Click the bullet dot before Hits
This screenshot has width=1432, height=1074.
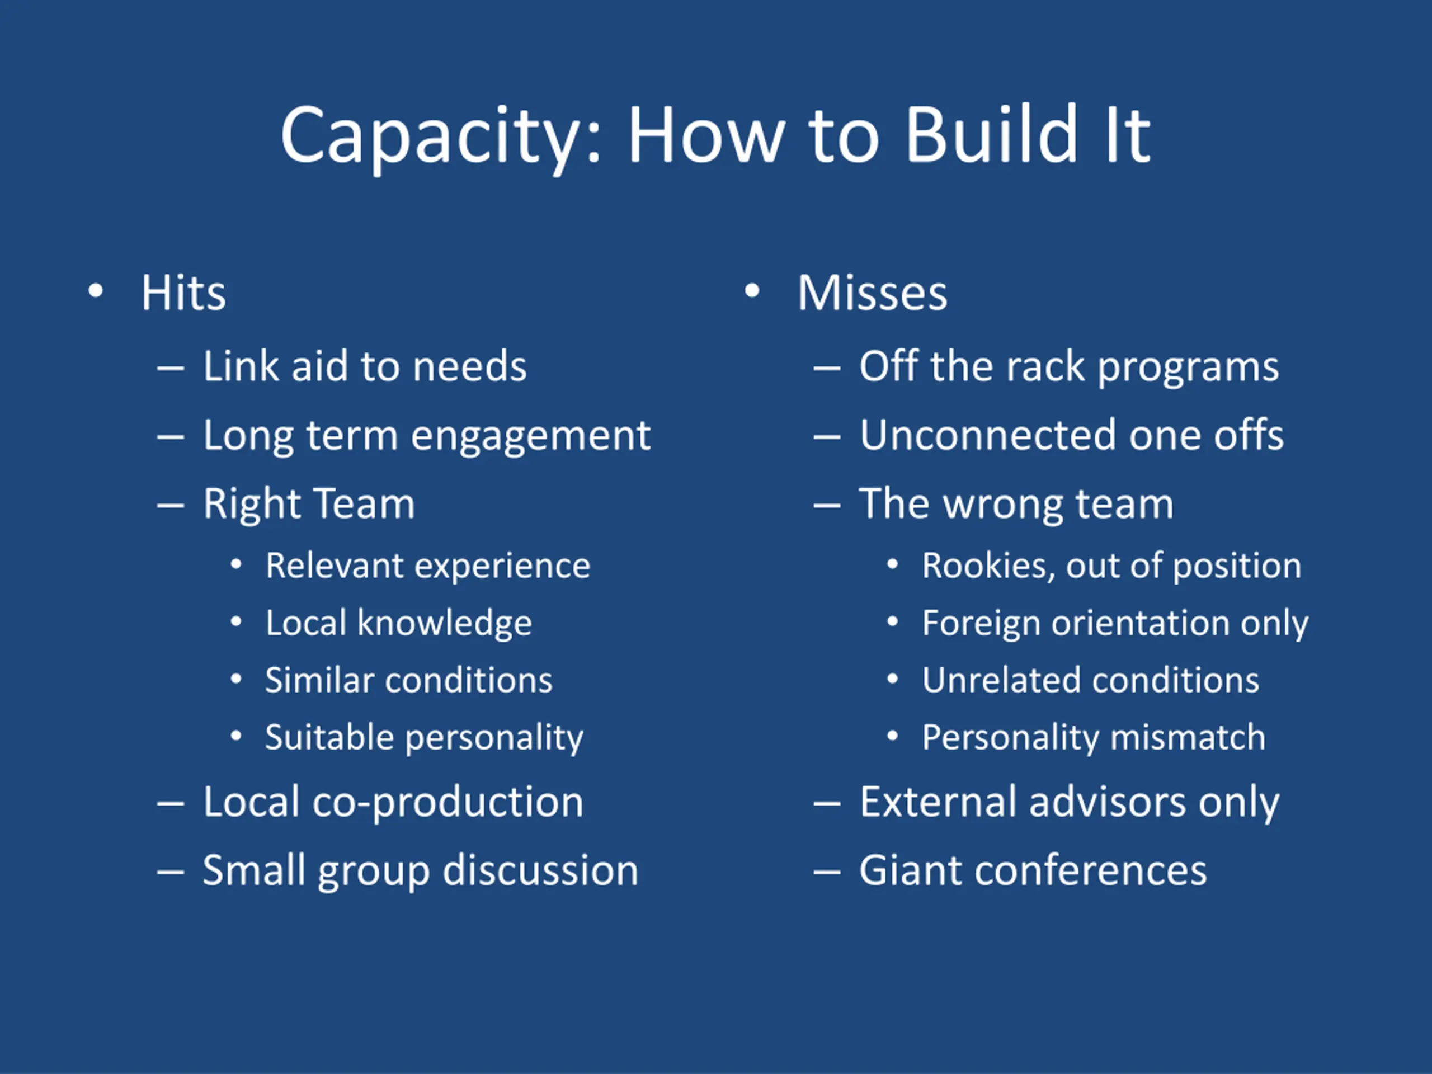[96, 291]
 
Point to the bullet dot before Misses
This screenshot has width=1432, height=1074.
[752, 291]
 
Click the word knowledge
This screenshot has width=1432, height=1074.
[444, 624]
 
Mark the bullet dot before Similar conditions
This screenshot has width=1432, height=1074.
[236, 679]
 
